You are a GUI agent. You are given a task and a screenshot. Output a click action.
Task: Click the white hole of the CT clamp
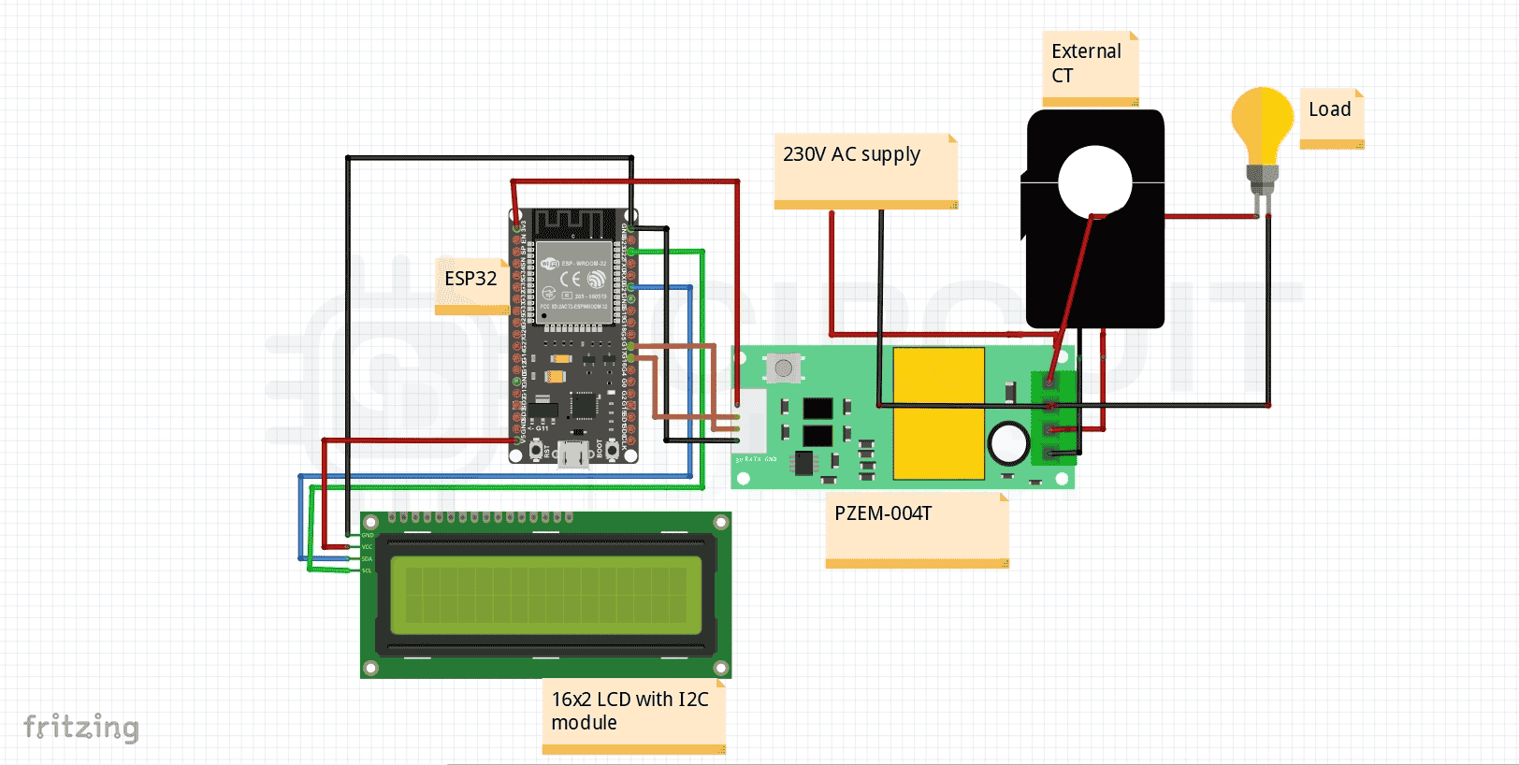coord(1094,181)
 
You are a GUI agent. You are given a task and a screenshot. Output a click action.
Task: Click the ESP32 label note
coord(471,284)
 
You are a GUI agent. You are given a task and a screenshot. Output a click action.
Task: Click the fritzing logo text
coord(81,727)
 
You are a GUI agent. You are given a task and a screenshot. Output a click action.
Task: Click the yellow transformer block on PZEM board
coord(938,412)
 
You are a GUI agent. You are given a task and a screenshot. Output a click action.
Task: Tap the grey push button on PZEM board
coord(784,368)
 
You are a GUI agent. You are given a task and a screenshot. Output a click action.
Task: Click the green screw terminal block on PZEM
coord(1053,418)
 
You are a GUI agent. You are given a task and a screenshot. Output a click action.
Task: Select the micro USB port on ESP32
coord(572,455)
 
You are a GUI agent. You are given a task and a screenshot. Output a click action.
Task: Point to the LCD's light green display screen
coord(545,590)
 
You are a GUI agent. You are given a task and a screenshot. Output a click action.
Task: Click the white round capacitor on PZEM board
coord(1008,443)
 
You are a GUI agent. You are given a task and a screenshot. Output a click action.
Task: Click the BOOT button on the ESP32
coord(612,451)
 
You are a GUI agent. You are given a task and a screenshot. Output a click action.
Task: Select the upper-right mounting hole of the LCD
coord(721,522)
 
